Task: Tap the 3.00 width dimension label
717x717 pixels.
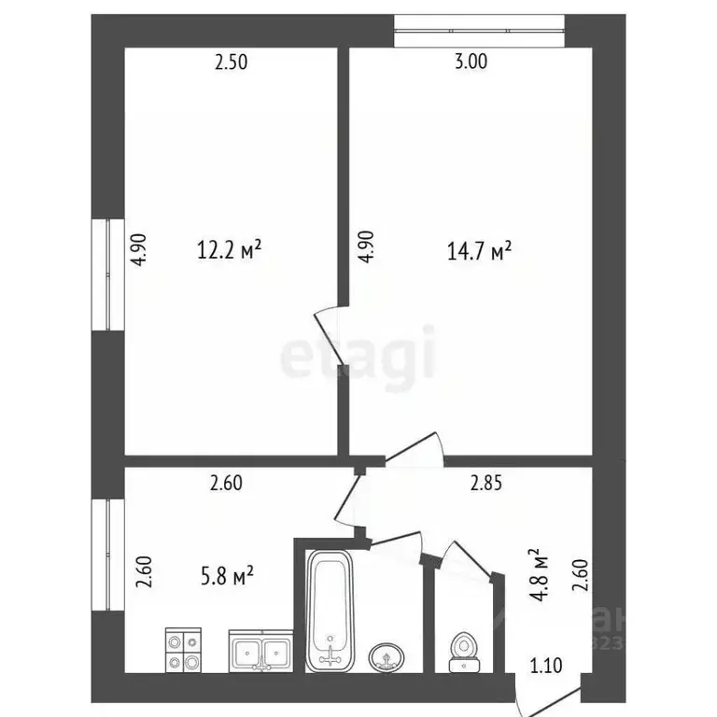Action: pyautogui.click(x=470, y=63)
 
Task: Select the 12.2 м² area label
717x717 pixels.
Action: pyautogui.click(x=229, y=250)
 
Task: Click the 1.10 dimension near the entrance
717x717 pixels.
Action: pyautogui.click(x=548, y=666)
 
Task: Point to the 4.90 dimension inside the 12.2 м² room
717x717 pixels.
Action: pyautogui.click(x=139, y=249)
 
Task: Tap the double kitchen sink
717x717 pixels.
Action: pyautogui.click(x=260, y=651)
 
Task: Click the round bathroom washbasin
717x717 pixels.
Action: pyautogui.click(x=387, y=656)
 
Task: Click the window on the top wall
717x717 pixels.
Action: pyautogui.click(x=480, y=30)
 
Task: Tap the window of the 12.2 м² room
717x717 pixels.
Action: pyautogui.click(x=107, y=274)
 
